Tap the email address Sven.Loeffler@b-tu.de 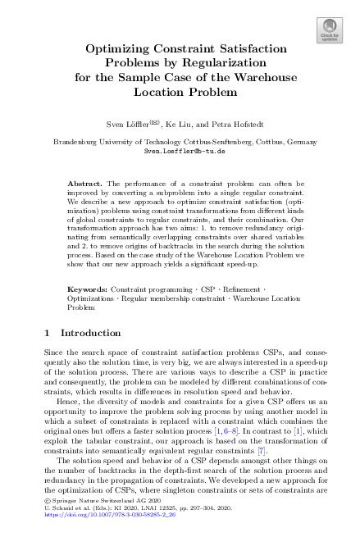pos(180,152)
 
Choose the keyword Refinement pos(243,290)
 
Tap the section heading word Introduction pos(90,334)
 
